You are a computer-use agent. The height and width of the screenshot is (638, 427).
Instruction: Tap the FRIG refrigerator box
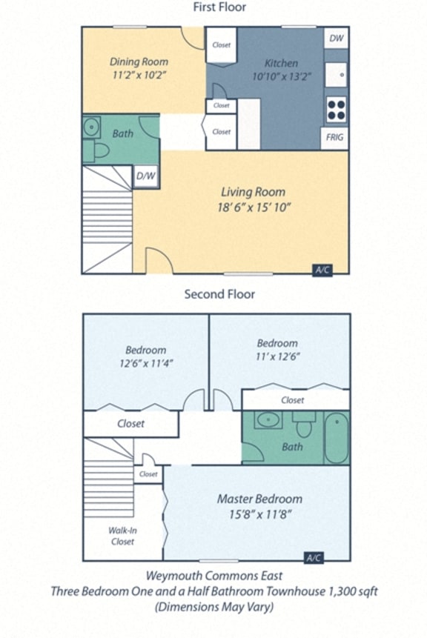tap(335, 139)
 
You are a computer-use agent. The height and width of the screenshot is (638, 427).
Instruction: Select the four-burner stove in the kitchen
tap(336, 110)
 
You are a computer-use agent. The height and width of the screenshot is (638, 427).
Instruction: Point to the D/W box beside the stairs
tap(145, 176)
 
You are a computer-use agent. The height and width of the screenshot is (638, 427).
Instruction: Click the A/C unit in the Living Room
tap(322, 270)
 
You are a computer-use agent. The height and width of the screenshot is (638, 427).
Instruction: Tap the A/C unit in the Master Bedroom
tap(314, 557)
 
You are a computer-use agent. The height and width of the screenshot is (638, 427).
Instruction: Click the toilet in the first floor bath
tap(99, 151)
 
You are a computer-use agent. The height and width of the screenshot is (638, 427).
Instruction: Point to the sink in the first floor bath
tap(92, 127)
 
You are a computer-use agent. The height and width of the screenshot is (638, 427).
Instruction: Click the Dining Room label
tap(139, 62)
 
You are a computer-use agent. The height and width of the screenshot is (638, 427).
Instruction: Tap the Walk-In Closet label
tap(122, 536)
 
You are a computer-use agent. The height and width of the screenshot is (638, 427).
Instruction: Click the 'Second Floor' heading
tap(219, 294)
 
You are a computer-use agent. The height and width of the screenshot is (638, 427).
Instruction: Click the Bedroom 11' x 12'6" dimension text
tap(277, 356)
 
